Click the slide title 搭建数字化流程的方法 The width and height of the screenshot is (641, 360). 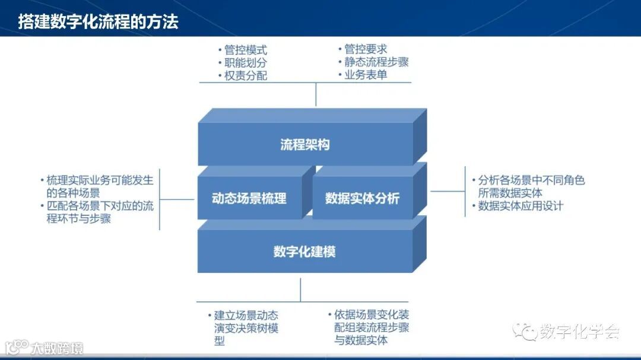98,23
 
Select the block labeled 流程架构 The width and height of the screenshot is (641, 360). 304,145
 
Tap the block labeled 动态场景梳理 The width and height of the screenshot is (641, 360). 249,198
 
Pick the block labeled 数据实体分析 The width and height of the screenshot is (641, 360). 362,198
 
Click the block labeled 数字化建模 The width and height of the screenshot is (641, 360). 304,251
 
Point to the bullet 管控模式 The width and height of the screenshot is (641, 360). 245,50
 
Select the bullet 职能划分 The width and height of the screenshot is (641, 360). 245,63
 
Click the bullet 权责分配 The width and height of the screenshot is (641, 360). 245,75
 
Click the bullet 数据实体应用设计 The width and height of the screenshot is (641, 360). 521,206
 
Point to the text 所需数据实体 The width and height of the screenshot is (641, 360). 510,193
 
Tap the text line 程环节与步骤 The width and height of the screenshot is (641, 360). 78,219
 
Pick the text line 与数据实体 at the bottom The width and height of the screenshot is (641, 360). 361,340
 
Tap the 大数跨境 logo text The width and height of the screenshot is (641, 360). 57,348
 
